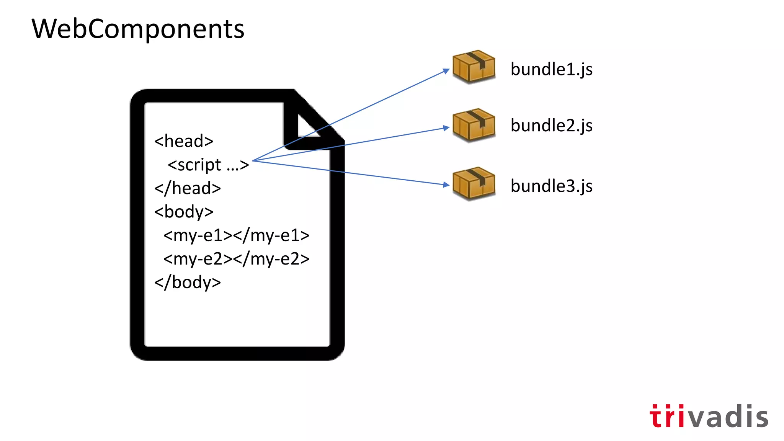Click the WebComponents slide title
coord(138,29)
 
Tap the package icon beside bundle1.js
coord(474,67)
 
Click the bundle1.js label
coord(551,70)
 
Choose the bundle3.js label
coord(551,186)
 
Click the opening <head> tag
coord(184,141)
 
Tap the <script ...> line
coord(208,165)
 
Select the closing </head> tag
coord(188,188)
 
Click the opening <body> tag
coord(184,212)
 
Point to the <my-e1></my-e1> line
coord(236,235)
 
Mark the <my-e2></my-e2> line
coord(236,259)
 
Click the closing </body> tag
coord(188,283)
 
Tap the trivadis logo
coord(709,416)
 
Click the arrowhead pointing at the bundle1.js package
coord(446,71)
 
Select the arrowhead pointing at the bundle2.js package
coord(446,128)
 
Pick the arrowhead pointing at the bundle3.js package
coord(446,185)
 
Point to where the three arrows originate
coord(253,161)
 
